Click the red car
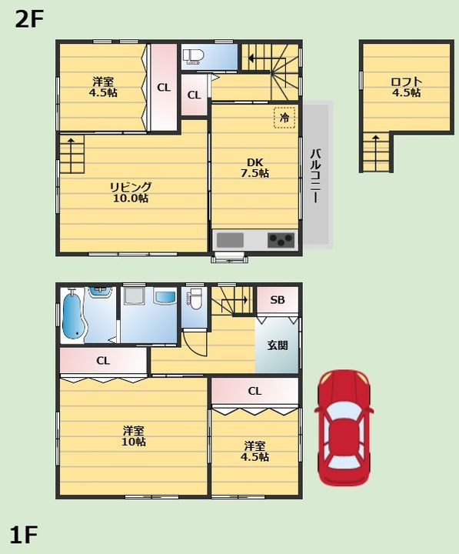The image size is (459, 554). pos(344,429)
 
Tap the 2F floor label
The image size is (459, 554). pos(29,20)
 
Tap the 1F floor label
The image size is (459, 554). pos(24,535)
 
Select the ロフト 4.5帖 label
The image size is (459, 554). pos(406,87)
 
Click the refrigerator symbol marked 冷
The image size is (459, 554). pos(284,117)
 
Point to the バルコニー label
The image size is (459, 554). pos(315,176)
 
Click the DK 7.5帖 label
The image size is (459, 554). pos(255,168)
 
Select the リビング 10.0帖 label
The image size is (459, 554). pos(131,192)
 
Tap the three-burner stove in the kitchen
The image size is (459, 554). pos(281,240)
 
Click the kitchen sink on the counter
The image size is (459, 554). pos(230,240)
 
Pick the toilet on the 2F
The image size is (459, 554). pos(193,56)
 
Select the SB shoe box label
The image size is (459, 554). pos(278,300)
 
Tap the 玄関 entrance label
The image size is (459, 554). pos(278,345)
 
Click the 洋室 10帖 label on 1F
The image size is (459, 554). pos(134,436)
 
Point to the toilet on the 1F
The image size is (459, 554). pos(195,299)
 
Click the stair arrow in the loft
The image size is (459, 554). pos(375,152)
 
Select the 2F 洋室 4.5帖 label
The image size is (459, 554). pos(103,87)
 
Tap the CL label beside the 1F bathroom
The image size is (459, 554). pos(103,361)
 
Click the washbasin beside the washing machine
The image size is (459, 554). pos(165,297)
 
